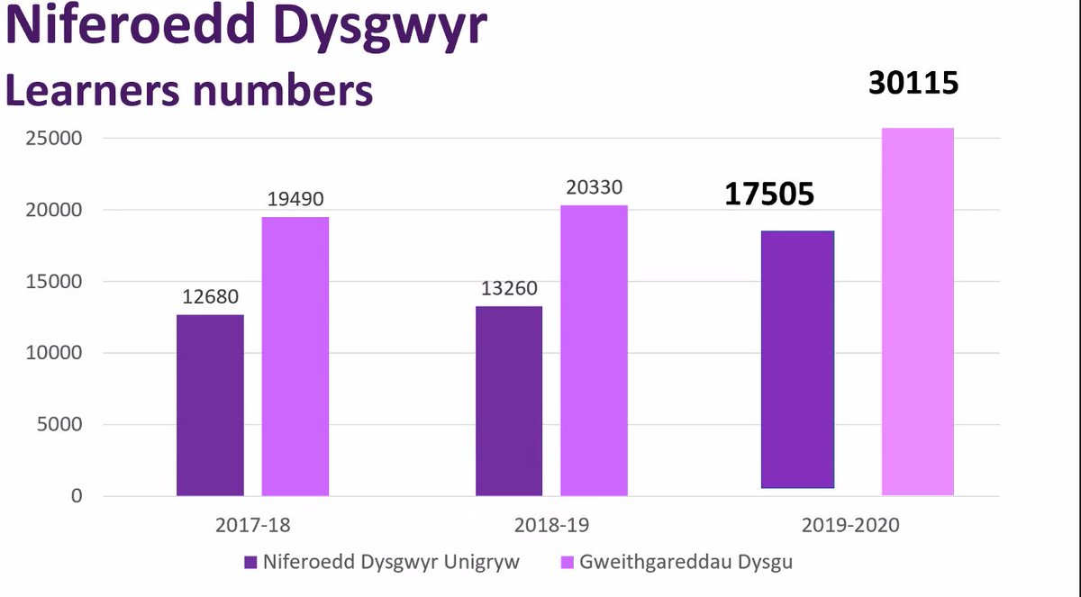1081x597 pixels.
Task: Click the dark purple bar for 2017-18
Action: [210, 404]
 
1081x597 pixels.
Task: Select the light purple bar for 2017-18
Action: [295, 356]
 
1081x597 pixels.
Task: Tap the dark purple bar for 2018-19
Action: [509, 401]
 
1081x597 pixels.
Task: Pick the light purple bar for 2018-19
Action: [594, 350]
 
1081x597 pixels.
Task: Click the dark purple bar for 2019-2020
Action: [797, 359]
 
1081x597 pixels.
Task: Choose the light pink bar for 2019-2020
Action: [917, 312]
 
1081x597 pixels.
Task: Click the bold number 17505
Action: [769, 194]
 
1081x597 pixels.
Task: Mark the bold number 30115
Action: [913, 83]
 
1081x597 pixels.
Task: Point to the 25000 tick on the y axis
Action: [53, 139]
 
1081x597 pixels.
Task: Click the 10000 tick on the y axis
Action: [53, 353]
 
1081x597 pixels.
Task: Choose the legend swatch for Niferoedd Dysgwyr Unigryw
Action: [251, 563]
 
